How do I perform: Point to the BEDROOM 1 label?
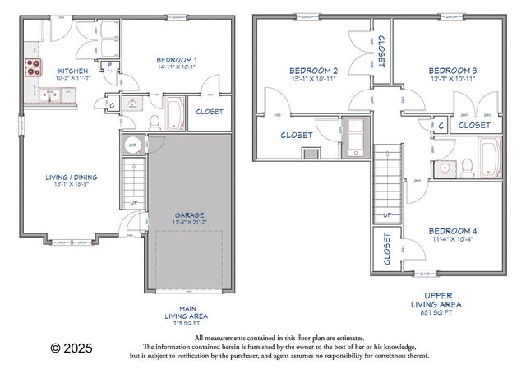tap(177, 60)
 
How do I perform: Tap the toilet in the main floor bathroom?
tap(154, 120)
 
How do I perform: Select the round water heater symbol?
tap(131, 146)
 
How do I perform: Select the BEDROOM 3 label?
tap(453, 70)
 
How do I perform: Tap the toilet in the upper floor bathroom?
tap(466, 167)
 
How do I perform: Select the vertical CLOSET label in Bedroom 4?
tap(385, 250)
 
